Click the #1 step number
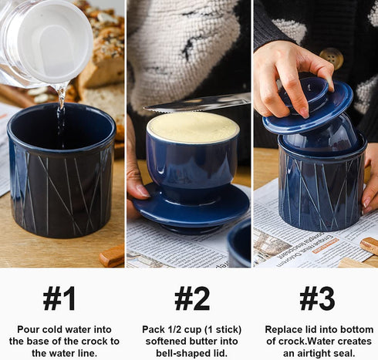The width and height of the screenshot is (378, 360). (59, 298)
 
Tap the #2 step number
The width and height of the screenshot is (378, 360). (192, 298)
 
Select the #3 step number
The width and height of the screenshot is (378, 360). (317, 298)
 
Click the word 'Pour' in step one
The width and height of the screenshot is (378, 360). (29, 329)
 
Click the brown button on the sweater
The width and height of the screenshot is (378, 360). (332, 59)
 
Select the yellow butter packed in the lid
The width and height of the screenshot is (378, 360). (193, 127)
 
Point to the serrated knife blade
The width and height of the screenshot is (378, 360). (197, 103)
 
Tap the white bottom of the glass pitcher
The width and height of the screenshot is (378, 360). (52, 41)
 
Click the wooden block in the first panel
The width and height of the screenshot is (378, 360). (112, 256)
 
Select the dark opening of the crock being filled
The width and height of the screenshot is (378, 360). (61, 126)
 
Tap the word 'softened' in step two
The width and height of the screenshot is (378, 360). (167, 341)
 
